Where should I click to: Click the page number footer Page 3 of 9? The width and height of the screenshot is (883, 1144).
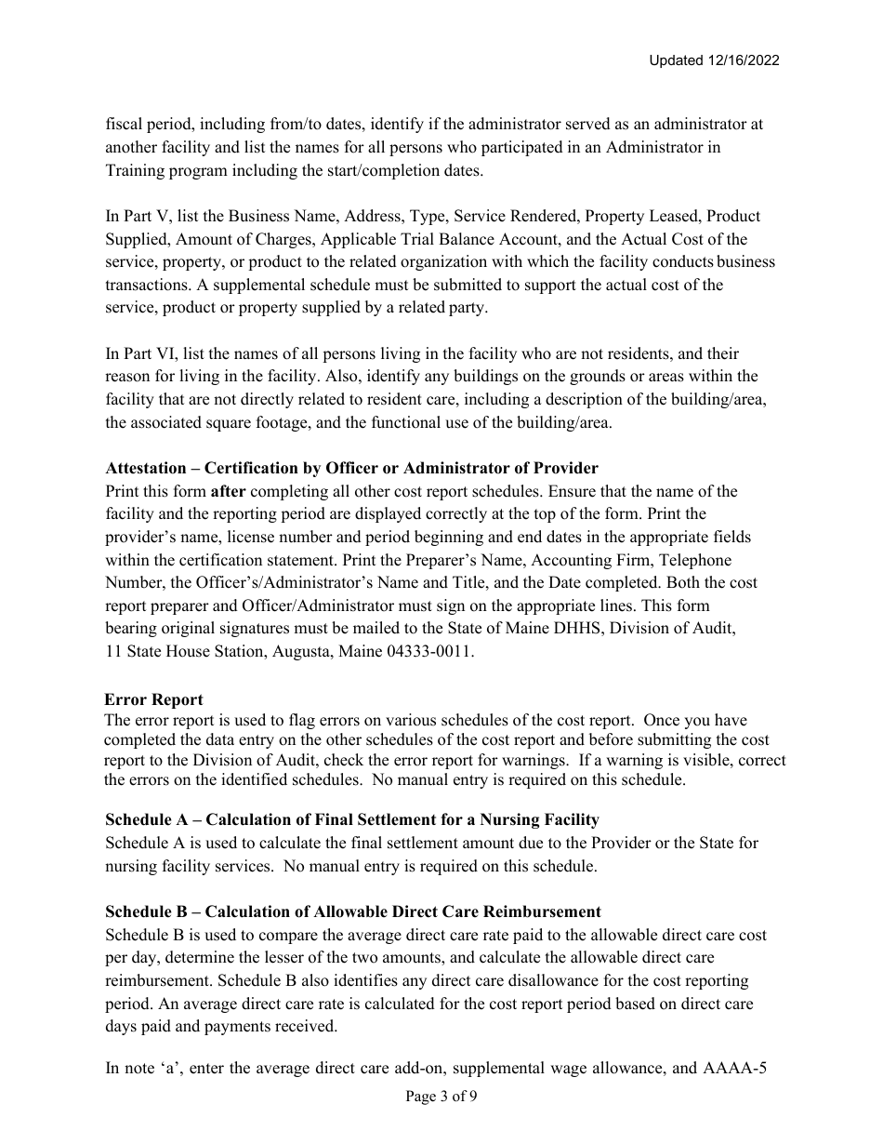[441, 1096]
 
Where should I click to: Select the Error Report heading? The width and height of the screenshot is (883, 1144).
[153, 699]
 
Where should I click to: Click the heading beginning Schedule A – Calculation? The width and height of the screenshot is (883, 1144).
[351, 819]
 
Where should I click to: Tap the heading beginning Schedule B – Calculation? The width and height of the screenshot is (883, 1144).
[352, 911]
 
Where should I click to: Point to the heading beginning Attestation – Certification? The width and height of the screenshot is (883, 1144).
[351, 468]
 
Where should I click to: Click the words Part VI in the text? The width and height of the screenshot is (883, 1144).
[151, 353]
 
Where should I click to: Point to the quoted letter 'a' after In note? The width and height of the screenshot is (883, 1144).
[170, 1070]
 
